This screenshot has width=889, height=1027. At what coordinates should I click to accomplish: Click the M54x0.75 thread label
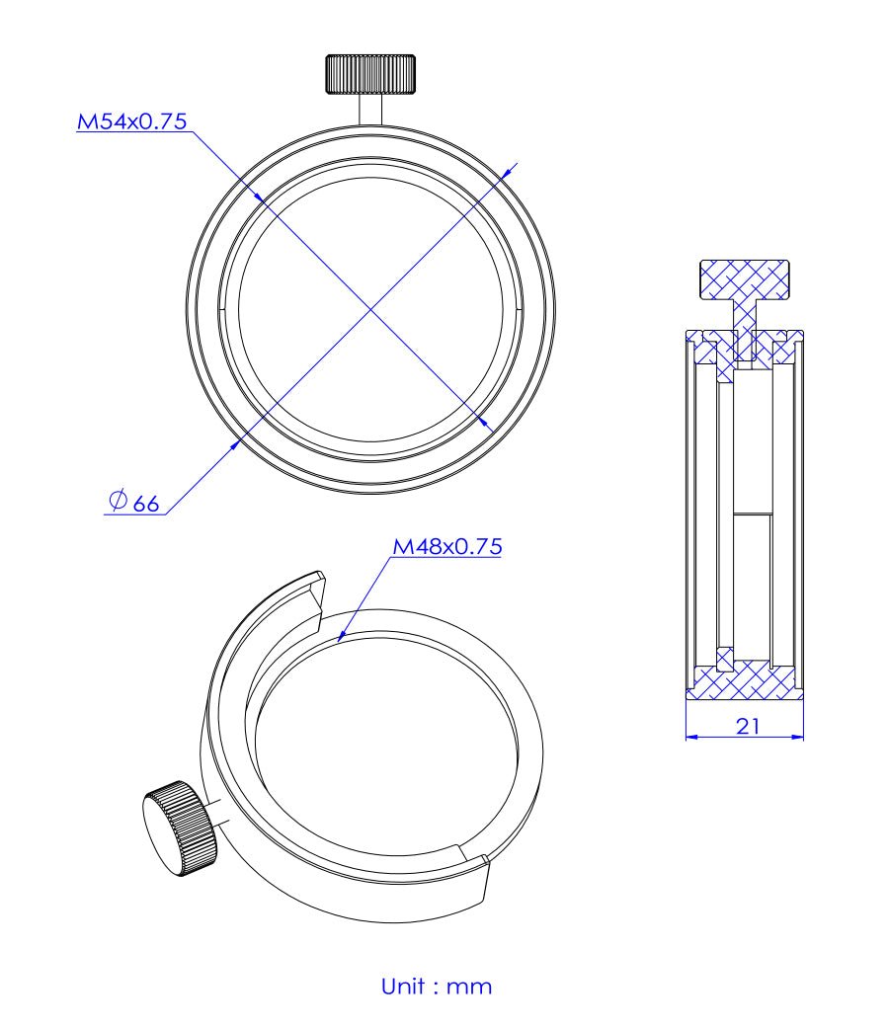pyautogui.click(x=132, y=122)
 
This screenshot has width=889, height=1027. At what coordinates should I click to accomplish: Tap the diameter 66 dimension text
pyautogui.click(x=133, y=504)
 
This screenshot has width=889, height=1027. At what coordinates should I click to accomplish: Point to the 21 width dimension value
pyautogui.click(x=748, y=726)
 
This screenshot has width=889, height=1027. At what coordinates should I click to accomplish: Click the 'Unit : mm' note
pyautogui.click(x=436, y=986)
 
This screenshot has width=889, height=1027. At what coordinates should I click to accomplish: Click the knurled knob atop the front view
pyautogui.click(x=370, y=73)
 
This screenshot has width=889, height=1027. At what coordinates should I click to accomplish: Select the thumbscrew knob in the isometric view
pyautogui.click(x=181, y=826)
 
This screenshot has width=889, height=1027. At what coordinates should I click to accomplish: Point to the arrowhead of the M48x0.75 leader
pyautogui.click(x=341, y=639)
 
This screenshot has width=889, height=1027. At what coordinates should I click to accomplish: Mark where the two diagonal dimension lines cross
pyautogui.click(x=371, y=310)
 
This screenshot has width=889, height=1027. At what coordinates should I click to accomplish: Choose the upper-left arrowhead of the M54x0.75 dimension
pyautogui.click(x=258, y=197)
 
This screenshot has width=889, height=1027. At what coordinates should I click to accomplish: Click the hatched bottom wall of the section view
pyautogui.click(x=745, y=683)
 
